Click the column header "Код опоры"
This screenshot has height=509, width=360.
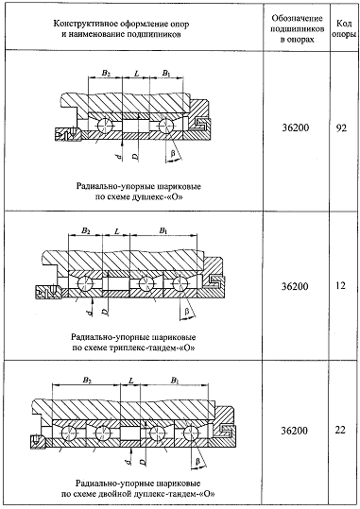344,29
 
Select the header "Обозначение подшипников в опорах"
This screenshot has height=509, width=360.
298,29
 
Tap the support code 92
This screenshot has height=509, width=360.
341,127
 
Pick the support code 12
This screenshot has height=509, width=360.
340,285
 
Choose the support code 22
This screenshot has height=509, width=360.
340,431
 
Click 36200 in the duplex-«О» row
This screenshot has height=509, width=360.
296,127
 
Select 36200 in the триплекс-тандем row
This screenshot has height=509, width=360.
295,286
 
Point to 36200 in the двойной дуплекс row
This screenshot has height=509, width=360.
295,431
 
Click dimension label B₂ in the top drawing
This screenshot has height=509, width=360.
106,73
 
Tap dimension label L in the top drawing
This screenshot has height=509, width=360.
137,74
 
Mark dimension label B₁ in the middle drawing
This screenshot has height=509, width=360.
163,230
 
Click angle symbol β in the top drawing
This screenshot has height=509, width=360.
173,154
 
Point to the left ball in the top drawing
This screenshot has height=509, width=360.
105,125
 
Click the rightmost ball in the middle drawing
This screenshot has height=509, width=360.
180,284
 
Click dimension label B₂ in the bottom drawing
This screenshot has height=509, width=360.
87,380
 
